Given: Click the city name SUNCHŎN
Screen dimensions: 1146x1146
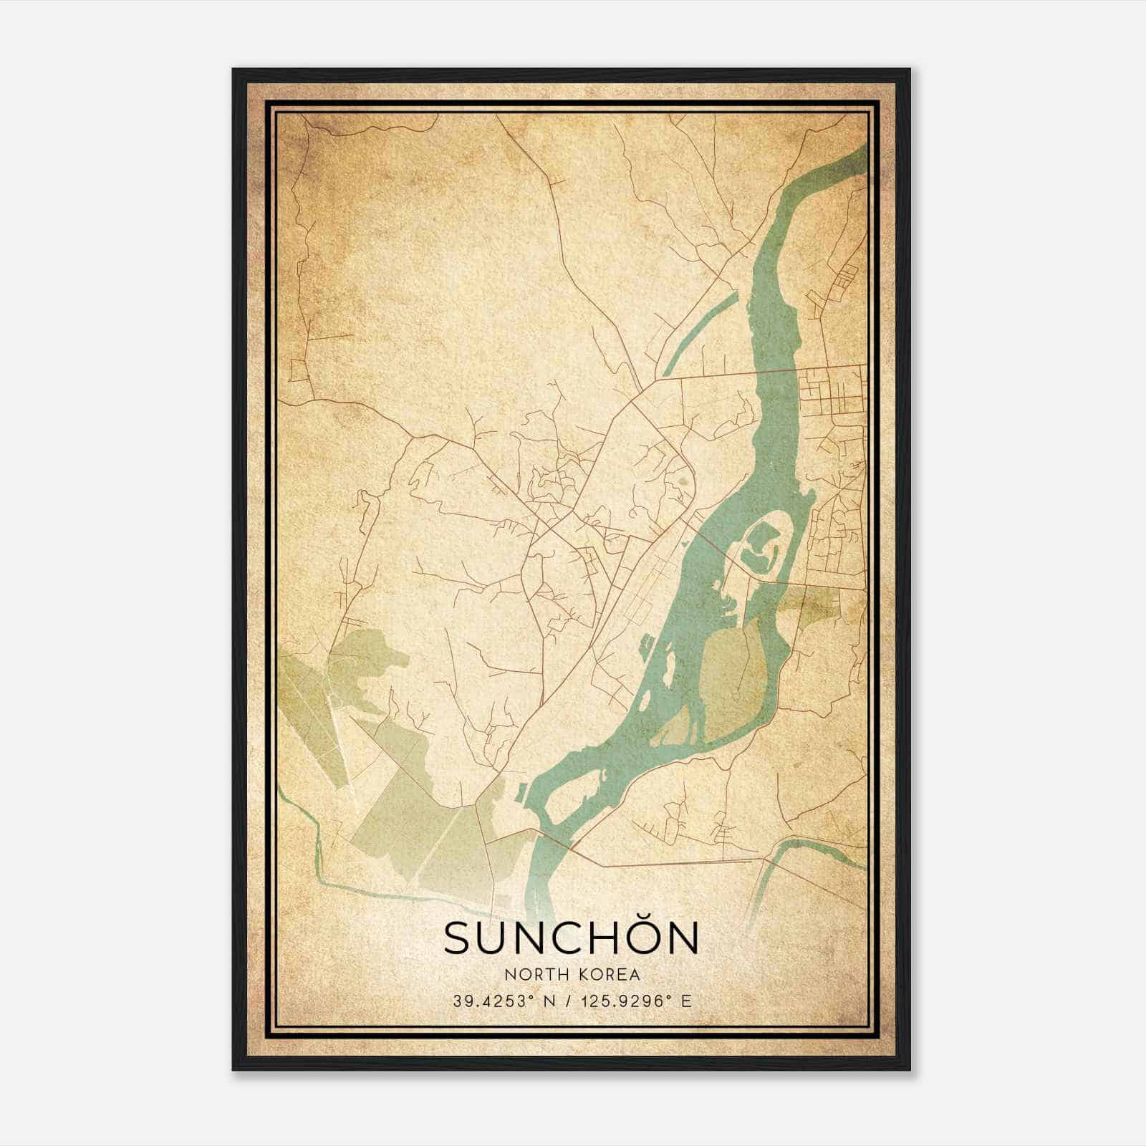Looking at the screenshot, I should click(571, 938).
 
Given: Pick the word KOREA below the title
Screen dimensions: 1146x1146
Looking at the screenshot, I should click(607, 975).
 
